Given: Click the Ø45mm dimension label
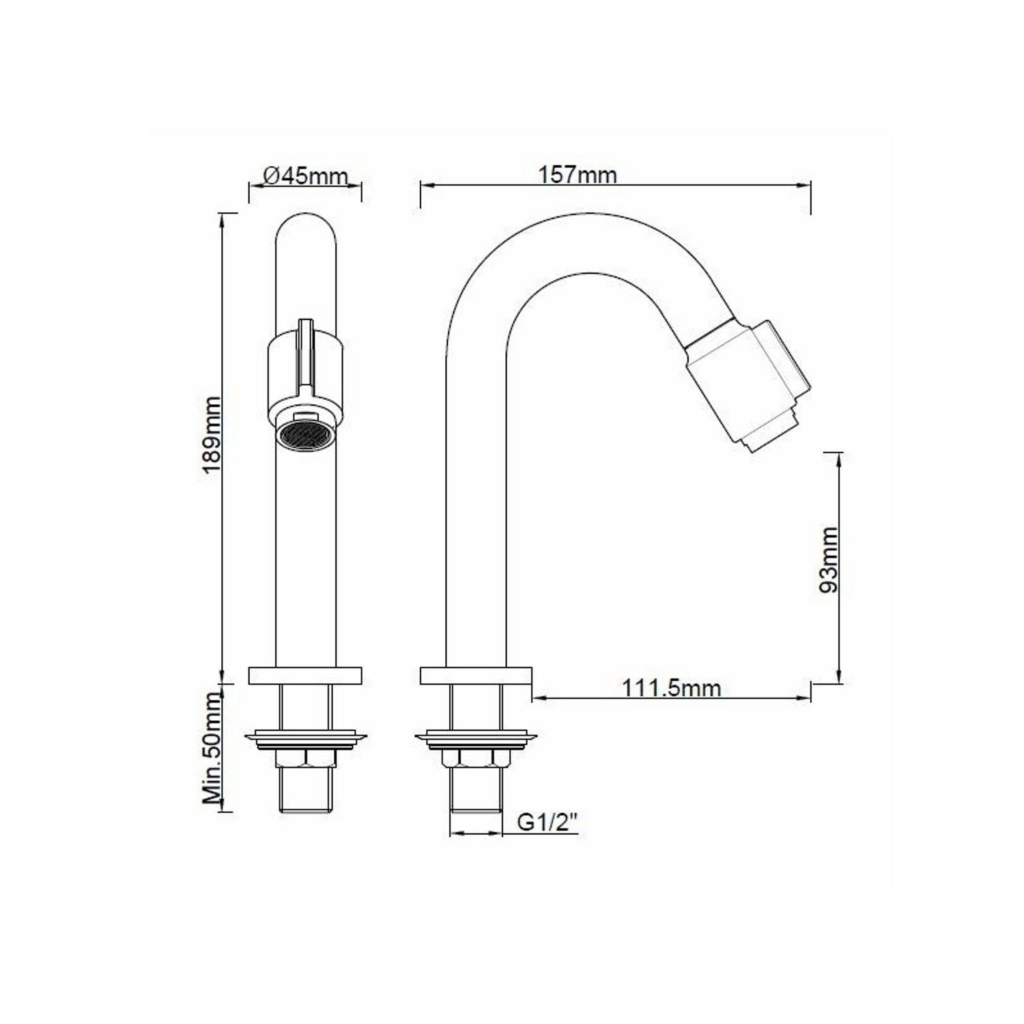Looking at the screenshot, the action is tap(305, 175).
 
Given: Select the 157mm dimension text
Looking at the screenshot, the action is tap(578, 175).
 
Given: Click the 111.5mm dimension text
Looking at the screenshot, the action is tap(671, 687).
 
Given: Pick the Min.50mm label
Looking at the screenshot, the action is tap(212, 748).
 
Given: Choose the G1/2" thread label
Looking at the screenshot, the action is tap(548, 822).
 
